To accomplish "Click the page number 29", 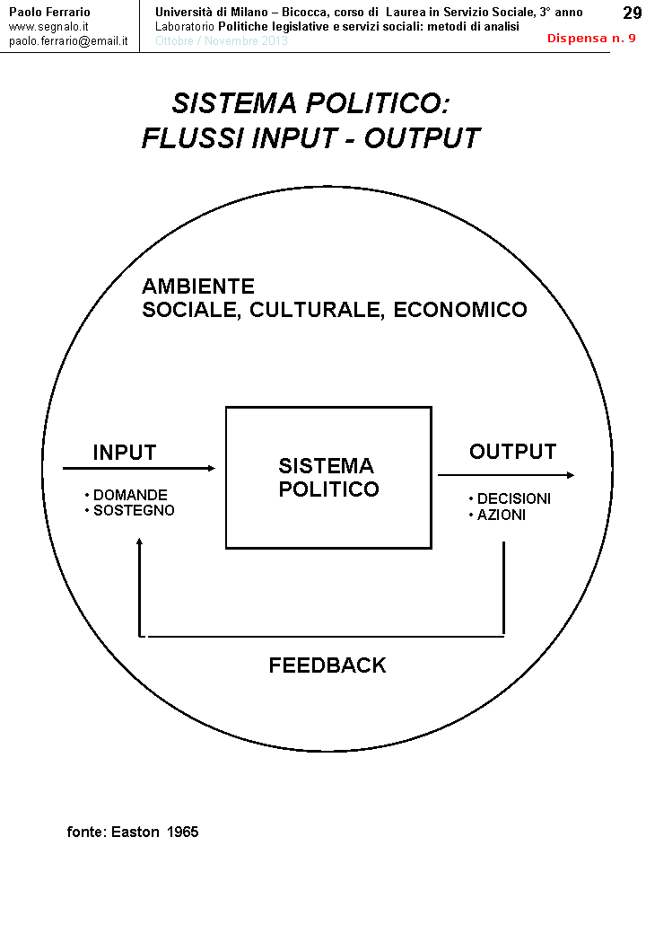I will (x=632, y=13).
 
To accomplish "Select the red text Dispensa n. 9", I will (x=591, y=39).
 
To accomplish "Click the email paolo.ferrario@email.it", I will (x=68, y=41).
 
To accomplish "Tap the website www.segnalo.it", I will (x=48, y=27).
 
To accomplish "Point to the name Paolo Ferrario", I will (x=49, y=13).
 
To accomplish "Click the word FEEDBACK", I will (x=327, y=665).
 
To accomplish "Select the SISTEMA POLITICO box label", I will (x=328, y=478).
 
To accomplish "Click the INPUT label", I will (x=125, y=453).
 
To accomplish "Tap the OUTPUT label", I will (x=512, y=452).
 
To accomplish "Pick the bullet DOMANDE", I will (x=130, y=496).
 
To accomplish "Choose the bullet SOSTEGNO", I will (x=134, y=510).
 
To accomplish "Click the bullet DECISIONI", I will (x=513, y=498).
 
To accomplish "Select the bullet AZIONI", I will (x=502, y=515).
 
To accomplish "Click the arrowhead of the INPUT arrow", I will (x=212, y=468).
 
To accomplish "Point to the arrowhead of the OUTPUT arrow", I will (x=570, y=475).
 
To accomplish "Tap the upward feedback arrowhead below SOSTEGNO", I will (x=140, y=542).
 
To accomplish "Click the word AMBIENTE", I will (x=198, y=287).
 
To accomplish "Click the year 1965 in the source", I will (x=183, y=833).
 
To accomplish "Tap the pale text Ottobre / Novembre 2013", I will (x=222, y=41).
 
